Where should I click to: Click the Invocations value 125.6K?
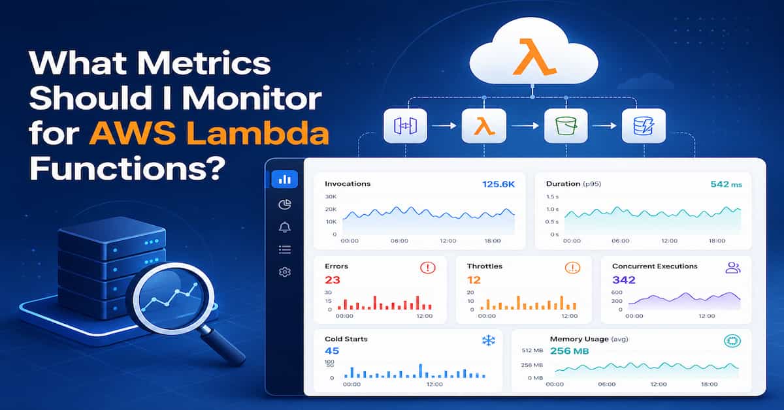coord(498,184)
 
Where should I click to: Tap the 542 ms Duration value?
coord(726,184)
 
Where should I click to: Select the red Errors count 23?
coord(332,280)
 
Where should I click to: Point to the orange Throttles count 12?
coord(474,280)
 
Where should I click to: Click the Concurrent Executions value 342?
coord(623,280)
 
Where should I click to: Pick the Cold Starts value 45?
coord(331,351)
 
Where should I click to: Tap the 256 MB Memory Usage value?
coord(569,351)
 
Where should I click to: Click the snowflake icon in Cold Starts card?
coord(488,340)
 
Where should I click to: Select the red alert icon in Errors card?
coord(427,268)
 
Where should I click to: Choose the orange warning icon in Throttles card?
coord(572,268)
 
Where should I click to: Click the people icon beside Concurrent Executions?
coord(733,268)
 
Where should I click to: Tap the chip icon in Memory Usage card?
coord(732,341)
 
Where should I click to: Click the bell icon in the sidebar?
coord(284,227)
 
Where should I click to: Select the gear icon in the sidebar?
coord(284,272)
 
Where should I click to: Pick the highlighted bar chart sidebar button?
coord(284,179)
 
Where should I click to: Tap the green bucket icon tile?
coord(561,125)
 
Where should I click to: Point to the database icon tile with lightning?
coord(644,125)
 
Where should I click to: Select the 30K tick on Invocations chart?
coord(331,197)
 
